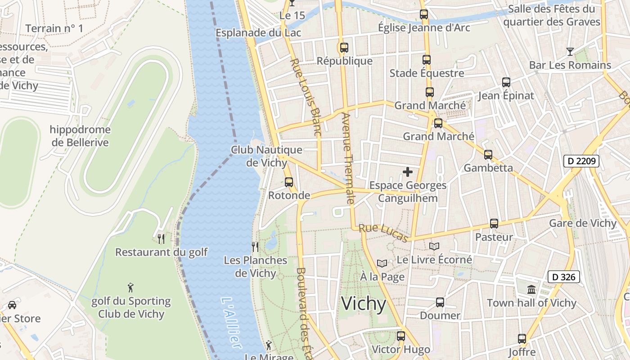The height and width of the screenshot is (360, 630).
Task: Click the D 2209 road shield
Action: click(x=581, y=161)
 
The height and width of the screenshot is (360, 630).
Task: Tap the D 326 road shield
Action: click(x=563, y=277)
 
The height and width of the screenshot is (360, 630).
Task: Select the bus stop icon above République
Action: click(x=344, y=47)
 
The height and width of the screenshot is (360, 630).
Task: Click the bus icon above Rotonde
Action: click(x=289, y=182)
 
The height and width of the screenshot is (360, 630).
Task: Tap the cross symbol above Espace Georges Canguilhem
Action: click(x=408, y=172)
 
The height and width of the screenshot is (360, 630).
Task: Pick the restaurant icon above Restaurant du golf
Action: click(x=161, y=238)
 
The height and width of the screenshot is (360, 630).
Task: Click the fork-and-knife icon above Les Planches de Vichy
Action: click(x=255, y=247)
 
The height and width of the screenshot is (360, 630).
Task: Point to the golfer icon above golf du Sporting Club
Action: click(x=130, y=288)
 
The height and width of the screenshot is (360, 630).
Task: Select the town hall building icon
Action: click(x=531, y=289)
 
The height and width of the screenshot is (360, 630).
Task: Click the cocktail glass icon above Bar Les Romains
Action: click(x=570, y=51)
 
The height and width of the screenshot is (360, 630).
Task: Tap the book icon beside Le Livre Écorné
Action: click(x=434, y=246)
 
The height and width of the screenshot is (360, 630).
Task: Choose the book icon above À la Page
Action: click(x=382, y=263)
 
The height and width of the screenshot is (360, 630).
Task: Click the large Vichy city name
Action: click(x=364, y=304)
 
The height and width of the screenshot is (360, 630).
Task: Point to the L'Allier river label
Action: click(x=231, y=323)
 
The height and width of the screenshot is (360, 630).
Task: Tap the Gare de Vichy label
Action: click(x=583, y=223)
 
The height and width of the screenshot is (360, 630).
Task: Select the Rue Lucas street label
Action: click(x=384, y=233)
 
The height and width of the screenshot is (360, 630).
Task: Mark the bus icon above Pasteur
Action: click(x=494, y=224)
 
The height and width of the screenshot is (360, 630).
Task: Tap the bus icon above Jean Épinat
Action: click(x=506, y=82)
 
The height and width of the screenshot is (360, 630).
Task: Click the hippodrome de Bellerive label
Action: click(x=80, y=136)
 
